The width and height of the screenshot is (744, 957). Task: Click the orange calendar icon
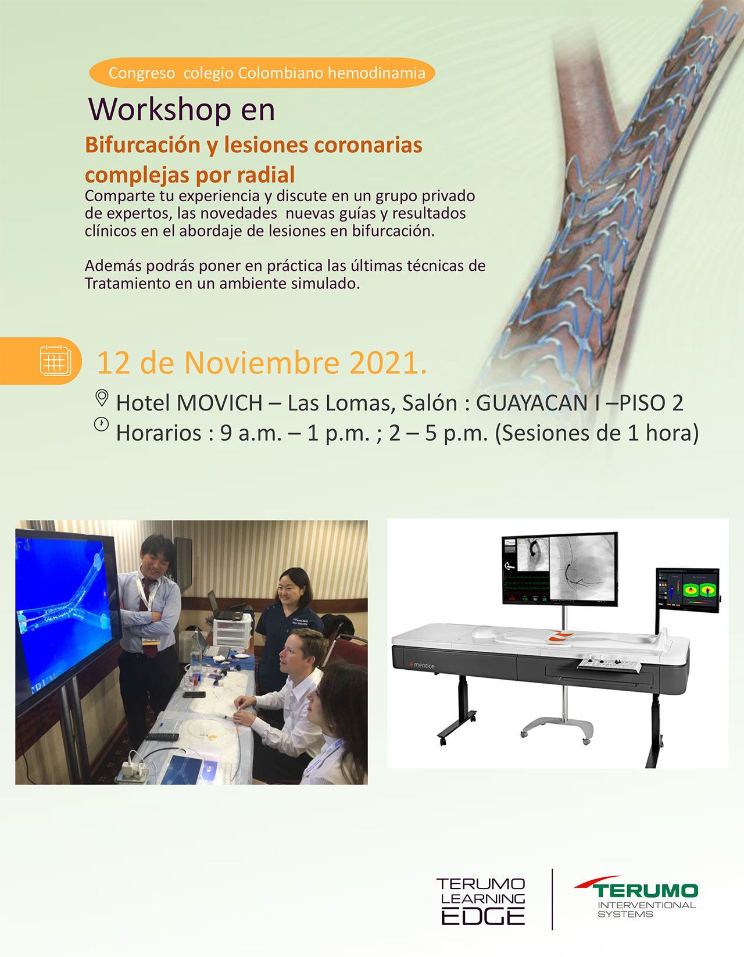pos(55,360)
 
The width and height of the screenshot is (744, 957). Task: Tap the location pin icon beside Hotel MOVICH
pos(102,398)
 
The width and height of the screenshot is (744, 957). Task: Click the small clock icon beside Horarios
pos(101,424)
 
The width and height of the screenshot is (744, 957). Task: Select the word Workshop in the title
pos(160,110)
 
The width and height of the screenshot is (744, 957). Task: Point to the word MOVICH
pos(219,402)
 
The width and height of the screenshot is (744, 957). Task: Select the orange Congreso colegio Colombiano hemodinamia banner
pos(262,73)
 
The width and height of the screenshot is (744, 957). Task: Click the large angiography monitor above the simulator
pos(560,568)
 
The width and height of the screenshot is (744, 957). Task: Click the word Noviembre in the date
pos(262,363)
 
